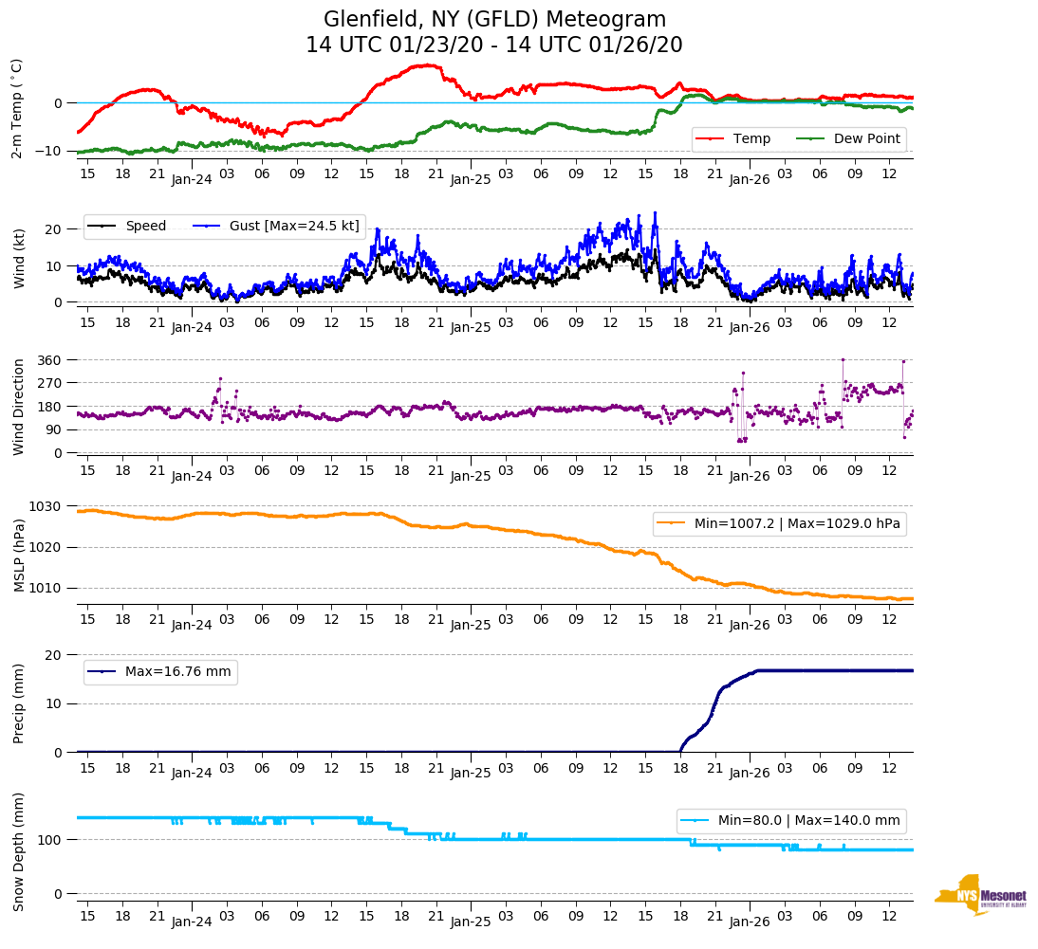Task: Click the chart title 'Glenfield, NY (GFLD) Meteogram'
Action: click(x=494, y=19)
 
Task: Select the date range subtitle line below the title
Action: click(x=494, y=46)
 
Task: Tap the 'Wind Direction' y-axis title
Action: click(x=18, y=406)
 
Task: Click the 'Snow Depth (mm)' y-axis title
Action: click(x=18, y=850)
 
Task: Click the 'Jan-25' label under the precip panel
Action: click(x=471, y=773)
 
